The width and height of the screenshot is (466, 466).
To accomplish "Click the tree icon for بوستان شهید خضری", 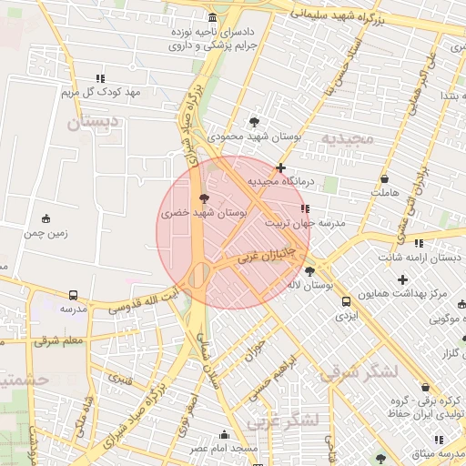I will pos(203,198).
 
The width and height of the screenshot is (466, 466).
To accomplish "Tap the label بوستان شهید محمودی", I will pos(254,137).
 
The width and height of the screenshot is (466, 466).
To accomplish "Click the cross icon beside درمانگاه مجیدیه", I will pos(281,167).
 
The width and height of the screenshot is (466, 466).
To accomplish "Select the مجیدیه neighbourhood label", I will pos(347,138).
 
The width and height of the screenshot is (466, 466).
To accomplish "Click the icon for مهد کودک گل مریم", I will pos(100,79).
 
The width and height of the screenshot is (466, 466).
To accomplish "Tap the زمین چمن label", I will pos(46,233).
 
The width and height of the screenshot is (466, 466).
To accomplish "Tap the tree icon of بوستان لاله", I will pos(309,270).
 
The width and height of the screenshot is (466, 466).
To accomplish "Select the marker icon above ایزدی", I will pos(346,301).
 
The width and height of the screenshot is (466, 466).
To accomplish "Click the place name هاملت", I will pos(386,193).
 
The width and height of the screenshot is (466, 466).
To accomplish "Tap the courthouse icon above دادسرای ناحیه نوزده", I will pos(213,18).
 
